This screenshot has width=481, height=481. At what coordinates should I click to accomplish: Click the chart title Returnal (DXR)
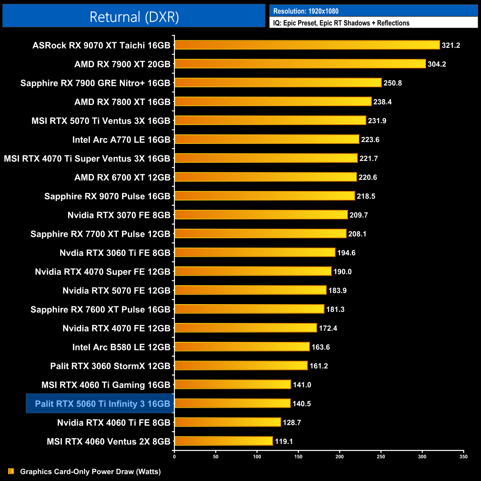click(134, 17)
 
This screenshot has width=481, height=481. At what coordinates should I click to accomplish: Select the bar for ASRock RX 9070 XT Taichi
click(307, 45)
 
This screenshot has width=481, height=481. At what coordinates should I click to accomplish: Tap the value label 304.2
click(437, 64)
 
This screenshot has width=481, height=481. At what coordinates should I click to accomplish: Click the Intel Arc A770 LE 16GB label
click(121, 140)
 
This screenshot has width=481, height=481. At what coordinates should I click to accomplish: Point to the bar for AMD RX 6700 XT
click(266, 177)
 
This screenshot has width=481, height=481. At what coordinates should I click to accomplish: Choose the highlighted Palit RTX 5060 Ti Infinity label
click(102, 404)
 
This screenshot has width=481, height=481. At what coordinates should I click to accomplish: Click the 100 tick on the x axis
click(257, 457)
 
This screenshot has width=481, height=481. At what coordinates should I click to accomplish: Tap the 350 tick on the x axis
click(463, 457)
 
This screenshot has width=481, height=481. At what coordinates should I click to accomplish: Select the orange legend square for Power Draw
click(11, 471)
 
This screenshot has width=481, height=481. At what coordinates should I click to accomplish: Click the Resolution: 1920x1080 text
click(306, 11)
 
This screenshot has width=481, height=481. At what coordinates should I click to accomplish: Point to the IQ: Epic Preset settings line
click(341, 23)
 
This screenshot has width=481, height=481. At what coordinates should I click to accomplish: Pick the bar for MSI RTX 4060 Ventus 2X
click(223, 441)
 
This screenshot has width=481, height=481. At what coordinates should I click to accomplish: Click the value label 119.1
click(284, 441)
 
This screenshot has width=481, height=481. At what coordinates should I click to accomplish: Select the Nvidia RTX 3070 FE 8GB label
click(119, 215)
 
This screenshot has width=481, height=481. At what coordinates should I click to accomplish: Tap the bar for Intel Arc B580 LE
click(242, 347)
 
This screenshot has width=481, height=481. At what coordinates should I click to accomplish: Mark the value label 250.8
click(393, 83)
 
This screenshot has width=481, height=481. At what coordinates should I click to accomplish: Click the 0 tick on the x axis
click(174, 457)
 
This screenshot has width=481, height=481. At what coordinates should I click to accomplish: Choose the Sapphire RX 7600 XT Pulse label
click(100, 310)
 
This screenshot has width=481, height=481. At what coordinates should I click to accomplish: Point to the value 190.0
click(342, 272)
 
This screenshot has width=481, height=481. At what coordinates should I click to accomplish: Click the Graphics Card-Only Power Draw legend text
click(90, 472)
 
